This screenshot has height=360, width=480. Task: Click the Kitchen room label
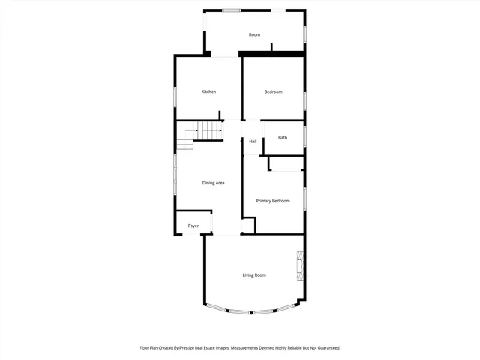(208, 91)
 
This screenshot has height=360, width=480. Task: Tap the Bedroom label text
(273, 91)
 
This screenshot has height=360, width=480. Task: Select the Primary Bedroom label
(273, 201)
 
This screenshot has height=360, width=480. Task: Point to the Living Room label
(254, 275)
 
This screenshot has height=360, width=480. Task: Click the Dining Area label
(214, 183)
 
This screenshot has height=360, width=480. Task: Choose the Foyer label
(193, 225)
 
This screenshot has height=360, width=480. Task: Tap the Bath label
(283, 137)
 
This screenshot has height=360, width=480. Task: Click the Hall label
(253, 142)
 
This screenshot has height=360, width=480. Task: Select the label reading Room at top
(255, 35)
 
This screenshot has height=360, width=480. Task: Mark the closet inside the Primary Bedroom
(285, 163)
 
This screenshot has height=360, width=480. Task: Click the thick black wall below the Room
(271, 54)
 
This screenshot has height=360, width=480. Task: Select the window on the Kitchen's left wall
(175, 97)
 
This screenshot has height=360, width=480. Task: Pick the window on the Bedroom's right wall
(304, 100)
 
